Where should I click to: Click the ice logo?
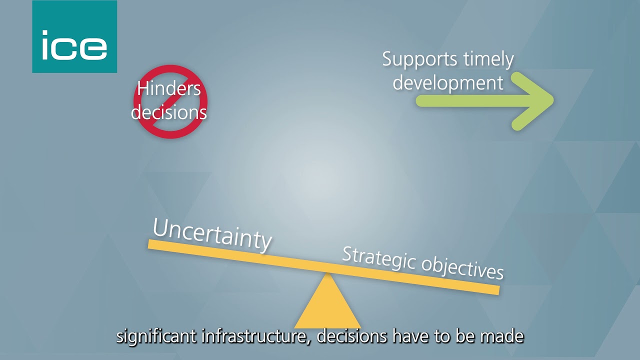tap(74, 36)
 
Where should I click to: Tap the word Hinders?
tap(169, 89)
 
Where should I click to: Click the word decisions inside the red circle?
tap(169, 112)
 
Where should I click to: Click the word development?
tap(447, 82)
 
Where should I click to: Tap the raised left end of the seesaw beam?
tap(151, 243)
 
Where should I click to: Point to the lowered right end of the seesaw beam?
tap(495, 290)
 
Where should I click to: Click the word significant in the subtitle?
tap(156, 336)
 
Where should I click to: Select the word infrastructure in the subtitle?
tap(256, 336)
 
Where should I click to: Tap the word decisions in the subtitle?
tap(352, 336)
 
